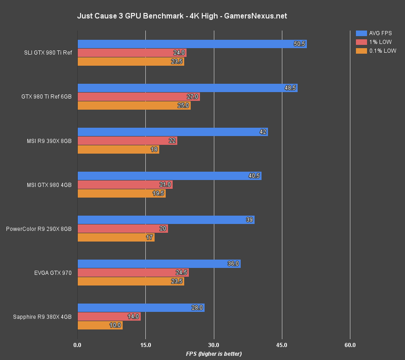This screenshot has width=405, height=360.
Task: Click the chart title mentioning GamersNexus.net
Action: coord(182,16)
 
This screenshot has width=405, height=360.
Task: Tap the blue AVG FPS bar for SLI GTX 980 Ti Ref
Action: coord(192,44)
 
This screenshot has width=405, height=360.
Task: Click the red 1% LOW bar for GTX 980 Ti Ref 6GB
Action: coord(138,97)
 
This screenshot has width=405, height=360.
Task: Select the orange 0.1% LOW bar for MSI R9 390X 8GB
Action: coord(118,149)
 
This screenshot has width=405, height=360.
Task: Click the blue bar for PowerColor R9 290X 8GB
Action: coord(166,220)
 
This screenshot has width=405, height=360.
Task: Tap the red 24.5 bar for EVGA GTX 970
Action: coord(133,273)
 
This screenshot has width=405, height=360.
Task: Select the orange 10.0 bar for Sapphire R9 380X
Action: coord(100,325)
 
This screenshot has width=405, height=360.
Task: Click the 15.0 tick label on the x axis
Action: coord(145,345)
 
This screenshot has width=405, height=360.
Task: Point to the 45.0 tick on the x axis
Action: coord(282,345)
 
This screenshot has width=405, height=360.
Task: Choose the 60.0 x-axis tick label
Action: coord(350,345)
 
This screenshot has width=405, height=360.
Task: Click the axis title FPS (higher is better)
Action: coord(214,354)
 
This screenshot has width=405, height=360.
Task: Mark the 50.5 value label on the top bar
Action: coord(299,44)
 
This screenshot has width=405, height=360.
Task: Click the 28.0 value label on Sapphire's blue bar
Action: coord(197,308)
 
